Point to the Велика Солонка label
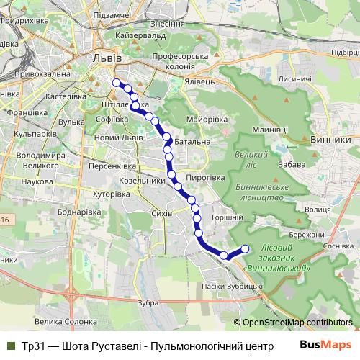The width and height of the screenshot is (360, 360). pyautogui.click(x=66, y=322)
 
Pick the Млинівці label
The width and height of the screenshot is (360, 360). pyautogui.click(x=271, y=128)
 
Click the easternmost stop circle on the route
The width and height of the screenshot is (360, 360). pyautogui.click(x=244, y=249)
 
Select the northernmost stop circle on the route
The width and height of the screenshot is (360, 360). pyautogui.click(x=116, y=82)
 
